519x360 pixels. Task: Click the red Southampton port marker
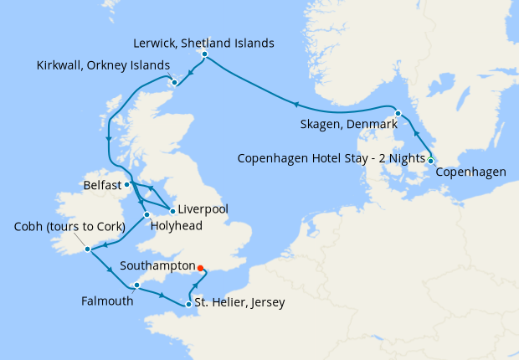(200, 270)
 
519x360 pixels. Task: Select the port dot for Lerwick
(205, 56)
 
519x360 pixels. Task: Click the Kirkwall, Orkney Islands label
(104, 65)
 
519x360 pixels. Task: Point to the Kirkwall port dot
(174, 82)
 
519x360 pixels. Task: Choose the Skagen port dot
(398, 113)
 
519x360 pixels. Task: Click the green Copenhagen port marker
(430, 160)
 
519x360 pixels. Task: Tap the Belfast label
(103, 184)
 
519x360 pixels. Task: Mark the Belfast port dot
(126, 184)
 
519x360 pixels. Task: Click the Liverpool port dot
(172, 209)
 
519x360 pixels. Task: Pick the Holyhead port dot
(146, 214)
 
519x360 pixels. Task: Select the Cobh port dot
(87, 249)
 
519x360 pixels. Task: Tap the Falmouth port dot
(136, 285)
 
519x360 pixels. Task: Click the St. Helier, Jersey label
(239, 303)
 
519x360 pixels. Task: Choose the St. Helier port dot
(188, 303)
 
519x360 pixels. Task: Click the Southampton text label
(157, 264)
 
